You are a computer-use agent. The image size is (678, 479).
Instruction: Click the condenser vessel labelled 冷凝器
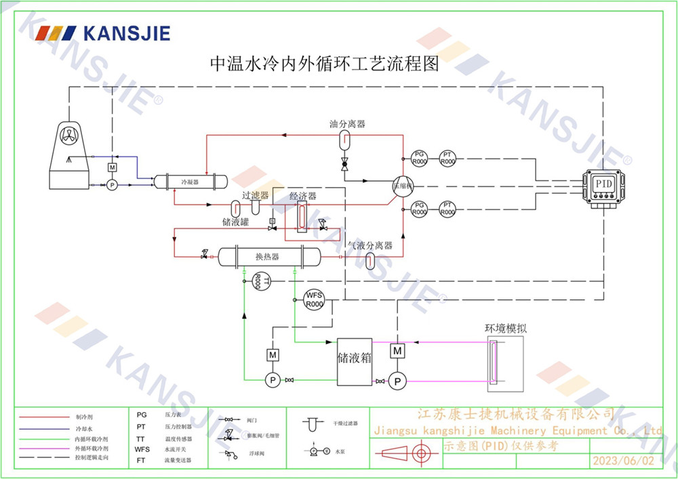pyautogui.click(x=189, y=182)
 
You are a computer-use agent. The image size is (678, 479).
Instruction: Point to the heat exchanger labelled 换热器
pyautogui.click(x=268, y=257)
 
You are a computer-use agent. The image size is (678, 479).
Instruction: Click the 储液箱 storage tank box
pyautogui.click(x=355, y=361)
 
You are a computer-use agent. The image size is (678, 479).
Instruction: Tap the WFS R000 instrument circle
pyautogui.click(x=314, y=299)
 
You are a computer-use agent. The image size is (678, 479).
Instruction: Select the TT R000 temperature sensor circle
pyautogui.click(x=260, y=280)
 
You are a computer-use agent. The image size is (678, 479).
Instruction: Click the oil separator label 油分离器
pyautogui.click(x=347, y=124)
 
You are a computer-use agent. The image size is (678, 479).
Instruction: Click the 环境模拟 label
pyautogui.click(x=505, y=328)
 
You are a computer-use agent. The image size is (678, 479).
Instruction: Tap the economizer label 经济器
pyautogui.click(x=302, y=196)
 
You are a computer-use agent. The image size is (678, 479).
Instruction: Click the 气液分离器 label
pyautogui.click(x=370, y=245)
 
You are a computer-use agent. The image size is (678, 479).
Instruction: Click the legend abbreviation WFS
pyautogui.click(x=142, y=449)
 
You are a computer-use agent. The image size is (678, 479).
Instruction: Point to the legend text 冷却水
pyautogui.click(x=79, y=429)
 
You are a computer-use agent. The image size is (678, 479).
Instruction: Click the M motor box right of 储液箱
pyautogui.click(x=397, y=351)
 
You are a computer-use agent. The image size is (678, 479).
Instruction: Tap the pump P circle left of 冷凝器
pyautogui.click(x=112, y=184)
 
